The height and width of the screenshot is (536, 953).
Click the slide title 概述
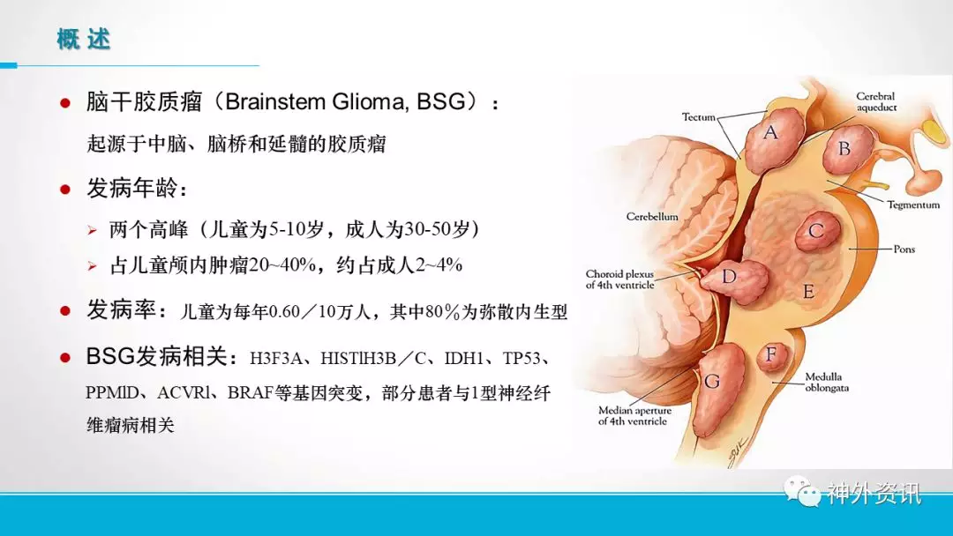83,40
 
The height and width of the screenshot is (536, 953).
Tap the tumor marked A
769,139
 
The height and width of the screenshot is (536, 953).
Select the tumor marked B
847,149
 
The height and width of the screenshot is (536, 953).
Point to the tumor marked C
817,231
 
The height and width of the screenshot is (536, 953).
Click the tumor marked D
733,282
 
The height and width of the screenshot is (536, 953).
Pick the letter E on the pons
808,292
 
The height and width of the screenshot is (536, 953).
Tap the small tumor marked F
772,355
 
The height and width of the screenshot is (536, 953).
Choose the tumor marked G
718,389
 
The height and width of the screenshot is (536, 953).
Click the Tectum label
698,117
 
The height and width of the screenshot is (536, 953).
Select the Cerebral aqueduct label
876,102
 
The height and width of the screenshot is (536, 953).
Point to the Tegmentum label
913,205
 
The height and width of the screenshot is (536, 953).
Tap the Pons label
904,249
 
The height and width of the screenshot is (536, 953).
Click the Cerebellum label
652,217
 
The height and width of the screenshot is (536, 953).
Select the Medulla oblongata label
827,383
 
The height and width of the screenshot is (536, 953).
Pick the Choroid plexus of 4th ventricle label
620,279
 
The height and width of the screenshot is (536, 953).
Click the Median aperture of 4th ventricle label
634,416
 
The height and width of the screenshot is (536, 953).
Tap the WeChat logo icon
801,492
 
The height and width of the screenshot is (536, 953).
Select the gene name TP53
522,358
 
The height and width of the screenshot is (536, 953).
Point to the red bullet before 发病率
65,311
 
